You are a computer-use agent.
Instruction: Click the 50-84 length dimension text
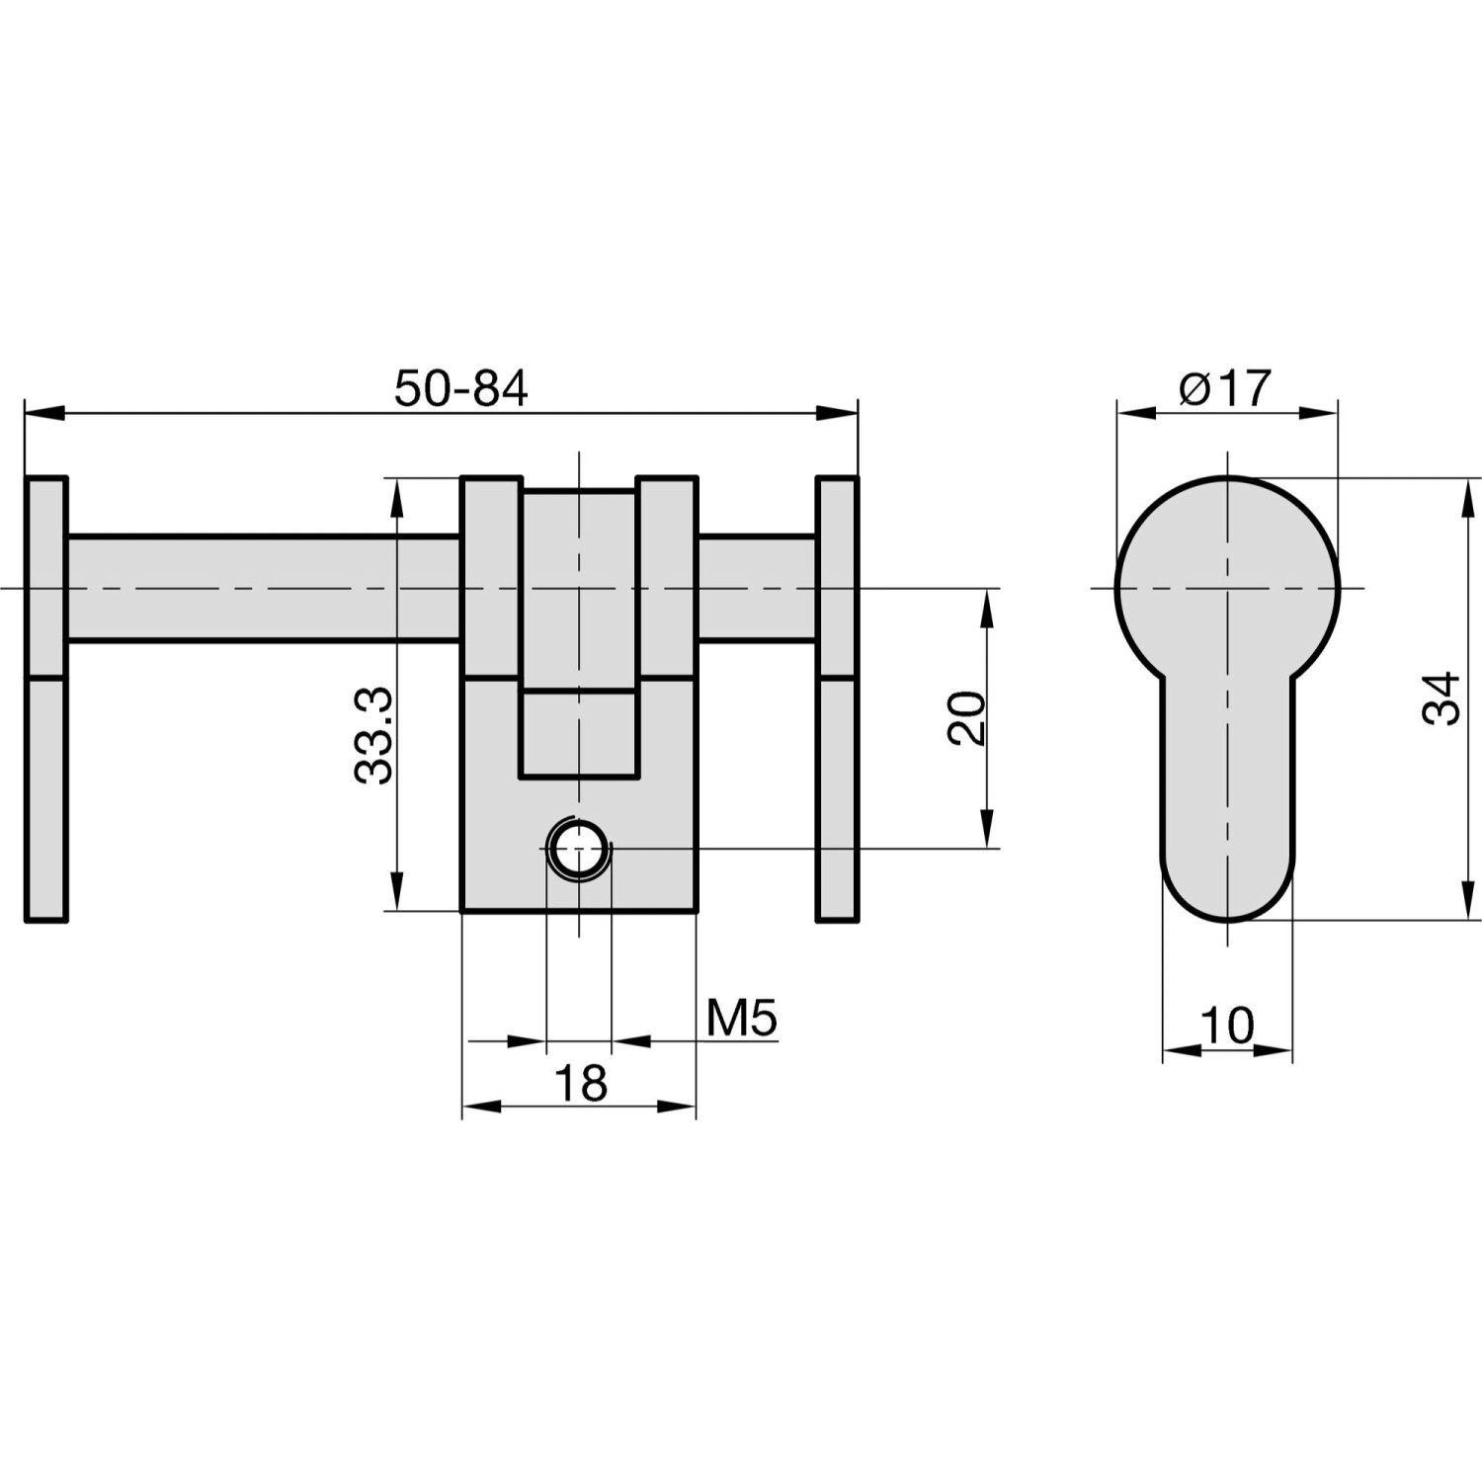tap(460, 388)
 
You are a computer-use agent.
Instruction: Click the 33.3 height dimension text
tap(374, 736)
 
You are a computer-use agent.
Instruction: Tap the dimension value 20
tap(967, 717)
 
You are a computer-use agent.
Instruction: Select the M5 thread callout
tap(742, 1018)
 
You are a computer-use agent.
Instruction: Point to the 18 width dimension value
tap(580, 1084)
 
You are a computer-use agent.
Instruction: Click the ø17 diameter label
tap(1225, 388)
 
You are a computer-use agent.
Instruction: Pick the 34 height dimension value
tap(1441, 699)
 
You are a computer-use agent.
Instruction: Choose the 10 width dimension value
tap(1227, 1026)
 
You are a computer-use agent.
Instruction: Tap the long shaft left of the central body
tap(262, 589)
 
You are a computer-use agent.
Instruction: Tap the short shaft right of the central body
tap(756, 589)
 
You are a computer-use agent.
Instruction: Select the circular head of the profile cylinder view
tap(1227, 573)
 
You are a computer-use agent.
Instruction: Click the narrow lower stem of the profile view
tap(1227, 790)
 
